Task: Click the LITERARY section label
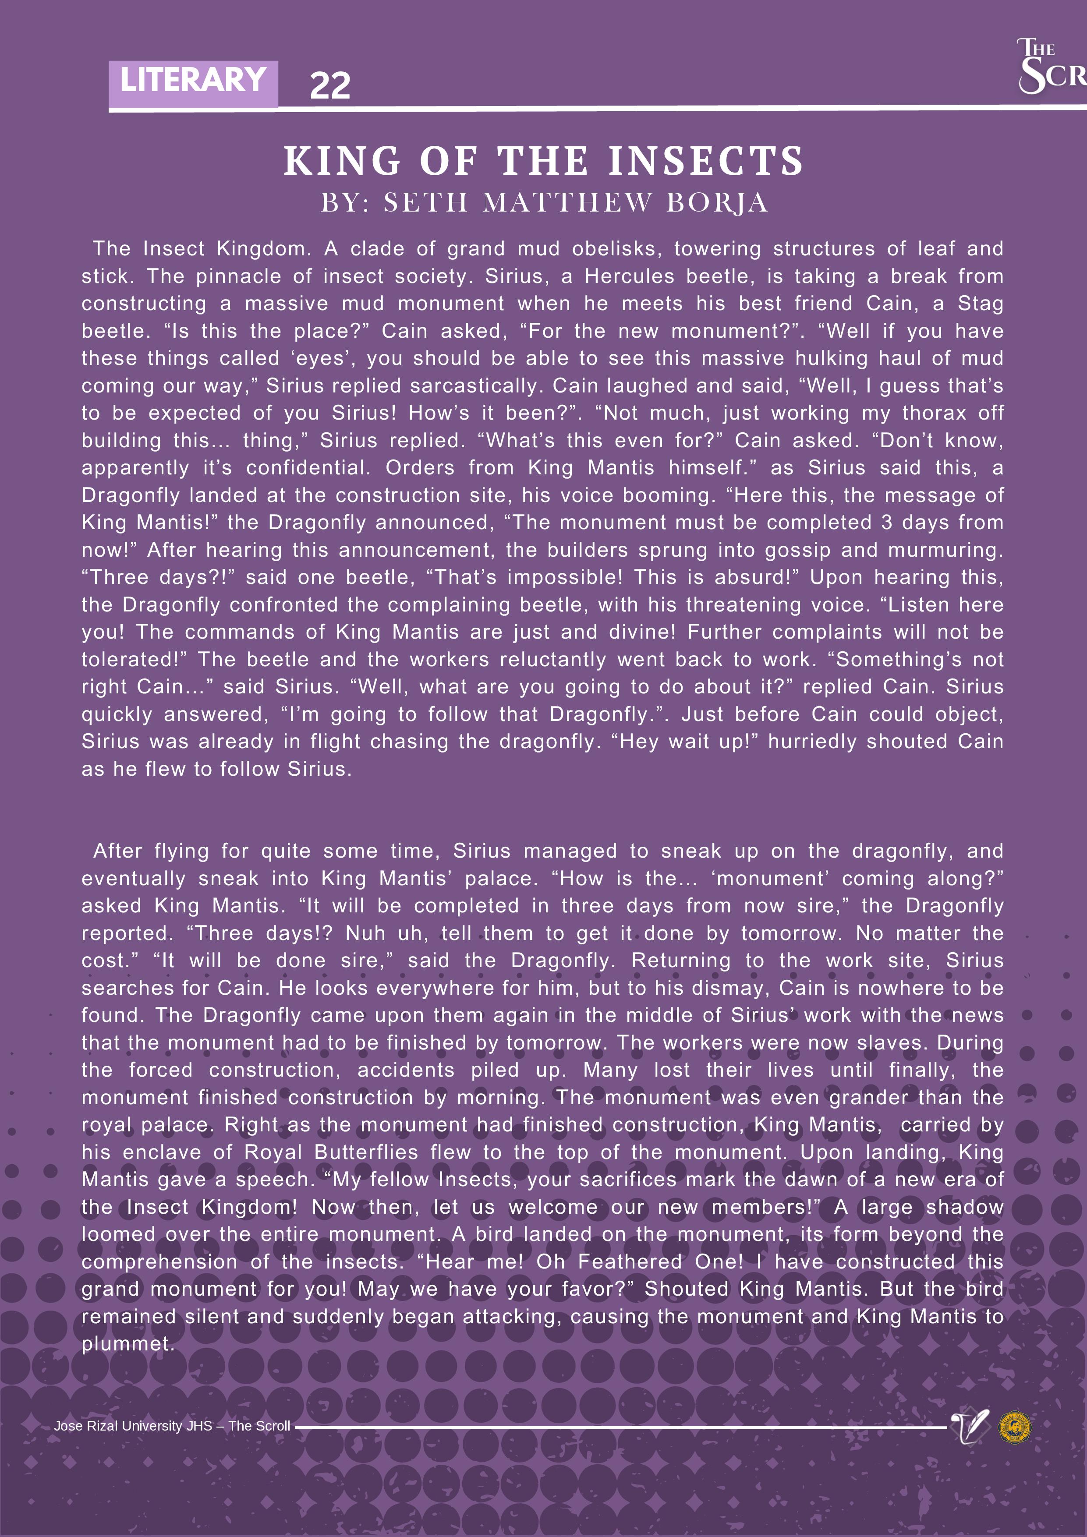click(x=193, y=81)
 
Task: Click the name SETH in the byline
click(x=425, y=203)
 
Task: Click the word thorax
click(x=934, y=413)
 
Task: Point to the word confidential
click(x=308, y=468)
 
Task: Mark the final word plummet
click(x=127, y=1343)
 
